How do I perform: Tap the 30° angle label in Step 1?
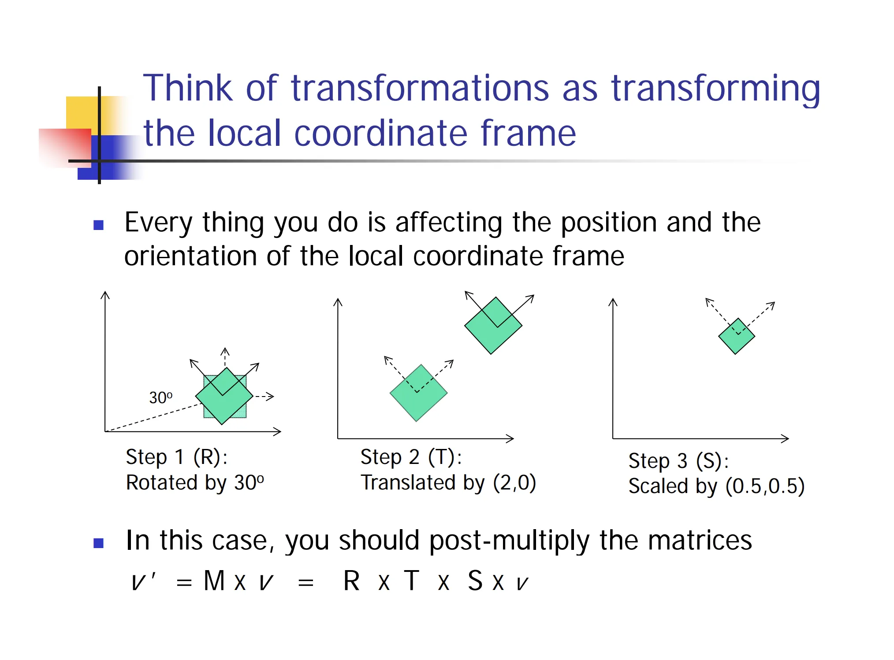pos(161,397)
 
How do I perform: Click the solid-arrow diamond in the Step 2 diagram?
pos(493,326)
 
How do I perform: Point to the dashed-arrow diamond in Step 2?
pos(418,393)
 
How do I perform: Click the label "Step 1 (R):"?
pos(177,457)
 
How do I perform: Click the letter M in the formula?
pos(214,580)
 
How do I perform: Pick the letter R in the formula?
pos(351,580)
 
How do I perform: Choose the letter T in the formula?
pos(411,580)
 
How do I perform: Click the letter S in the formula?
pos(475,580)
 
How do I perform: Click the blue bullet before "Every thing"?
pos(98,226)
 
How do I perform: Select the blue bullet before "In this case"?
pos(98,543)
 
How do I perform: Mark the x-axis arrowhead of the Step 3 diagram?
pos(785,438)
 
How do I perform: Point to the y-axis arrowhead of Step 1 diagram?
pos(105,295)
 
